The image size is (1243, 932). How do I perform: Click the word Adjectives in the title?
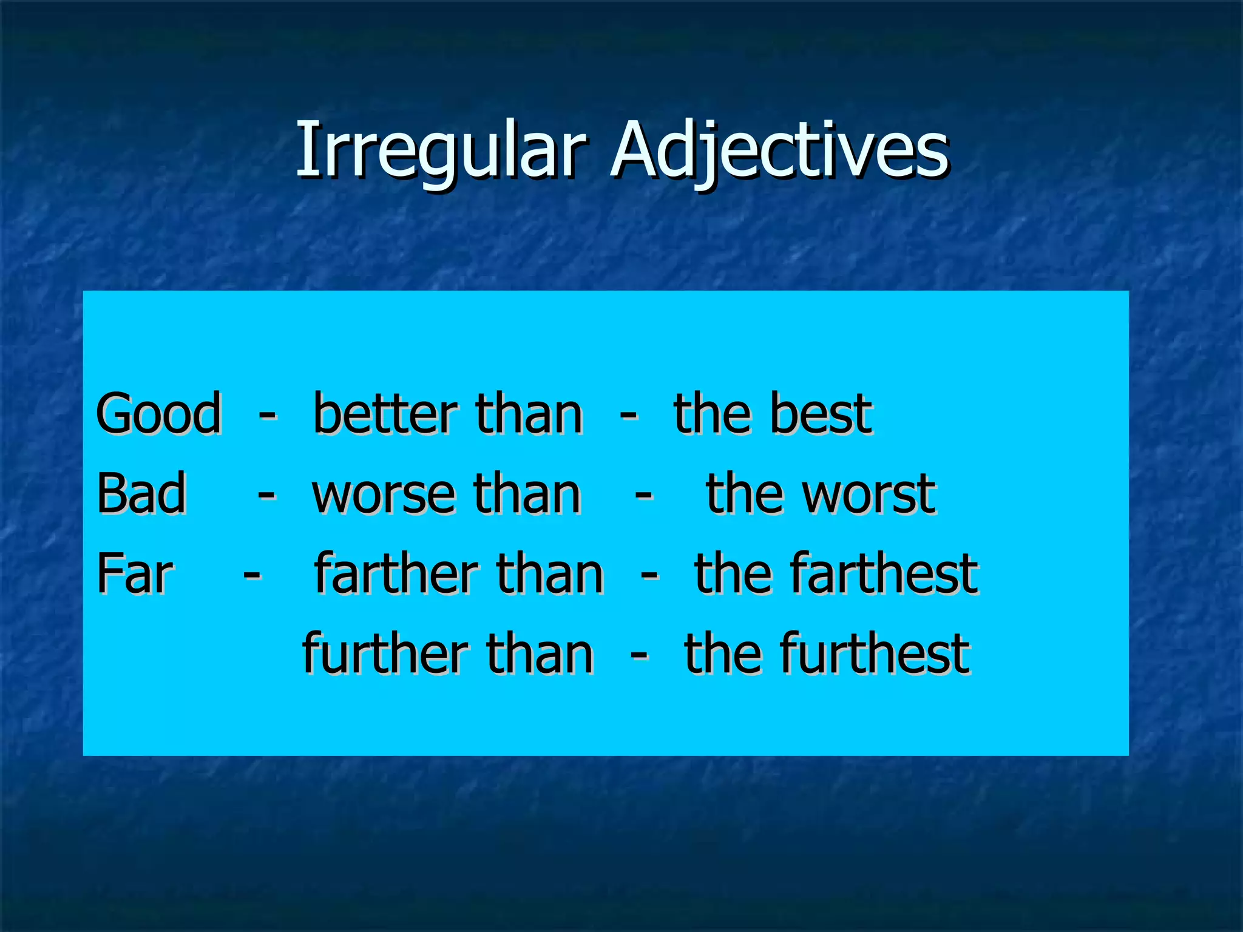click(779, 150)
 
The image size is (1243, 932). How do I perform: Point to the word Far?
click(135, 573)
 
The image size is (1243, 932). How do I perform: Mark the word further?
click(385, 653)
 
